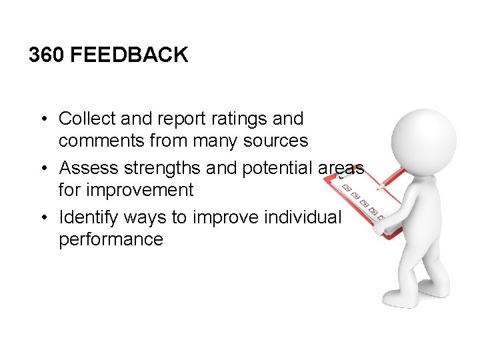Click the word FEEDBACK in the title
pos(129,55)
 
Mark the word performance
pos(111,240)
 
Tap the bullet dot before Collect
pos(42,119)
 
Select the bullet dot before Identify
pos(42,218)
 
